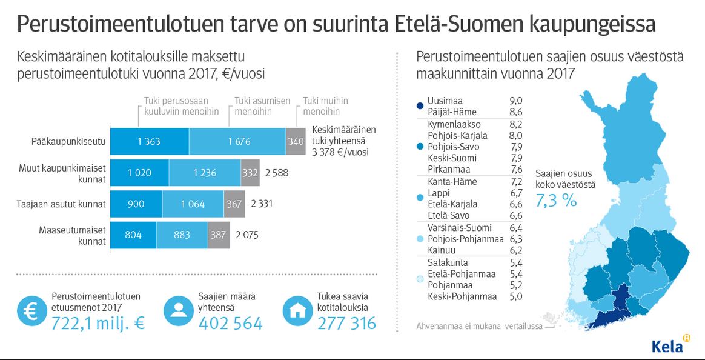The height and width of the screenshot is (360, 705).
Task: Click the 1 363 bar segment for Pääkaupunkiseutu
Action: tap(148, 142)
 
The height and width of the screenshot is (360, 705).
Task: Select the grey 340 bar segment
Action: tap(295, 142)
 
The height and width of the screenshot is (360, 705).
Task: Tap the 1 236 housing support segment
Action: tap(205, 173)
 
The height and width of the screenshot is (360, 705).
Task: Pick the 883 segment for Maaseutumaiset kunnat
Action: tap(182, 235)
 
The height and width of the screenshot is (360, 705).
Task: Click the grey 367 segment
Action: tap(234, 204)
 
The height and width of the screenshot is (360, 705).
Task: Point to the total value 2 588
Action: tap(276, 173)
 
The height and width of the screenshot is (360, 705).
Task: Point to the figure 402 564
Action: tap(231, 323)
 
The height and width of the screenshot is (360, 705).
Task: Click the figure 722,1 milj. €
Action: tap(98, 323)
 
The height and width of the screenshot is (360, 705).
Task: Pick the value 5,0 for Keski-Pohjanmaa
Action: tap(516, 296)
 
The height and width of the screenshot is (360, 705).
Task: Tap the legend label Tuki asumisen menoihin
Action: tap(262, 106)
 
